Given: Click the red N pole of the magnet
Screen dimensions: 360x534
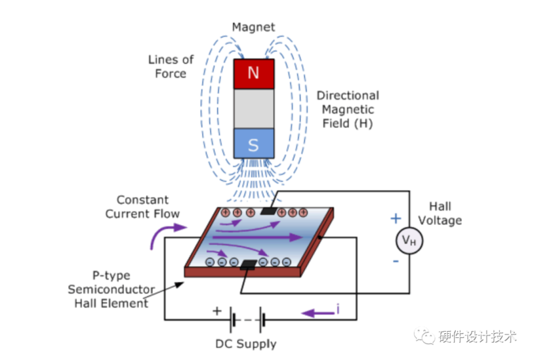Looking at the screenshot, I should pos(253,73).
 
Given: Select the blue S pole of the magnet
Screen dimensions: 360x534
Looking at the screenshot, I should pos(253,144).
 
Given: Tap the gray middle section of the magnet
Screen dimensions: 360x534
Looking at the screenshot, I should pos(253,108).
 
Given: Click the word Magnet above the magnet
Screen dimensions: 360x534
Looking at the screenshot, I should pos(253,27).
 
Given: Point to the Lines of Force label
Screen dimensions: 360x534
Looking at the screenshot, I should pos(171,66).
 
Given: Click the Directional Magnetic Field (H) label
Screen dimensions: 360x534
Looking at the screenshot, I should pos(347,110).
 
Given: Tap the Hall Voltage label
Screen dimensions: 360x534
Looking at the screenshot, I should pos(445,213).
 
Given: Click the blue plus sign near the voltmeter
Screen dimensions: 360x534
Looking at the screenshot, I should pos(396,218).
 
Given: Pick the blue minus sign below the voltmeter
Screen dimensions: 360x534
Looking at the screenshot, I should pos(396,261).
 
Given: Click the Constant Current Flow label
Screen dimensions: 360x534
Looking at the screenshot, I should pos(148,206).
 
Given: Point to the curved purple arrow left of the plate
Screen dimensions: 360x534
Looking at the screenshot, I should pos(165,233).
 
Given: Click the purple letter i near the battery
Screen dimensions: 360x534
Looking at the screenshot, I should pos(338,310).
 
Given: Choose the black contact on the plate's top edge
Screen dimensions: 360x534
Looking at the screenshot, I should pos(270,211).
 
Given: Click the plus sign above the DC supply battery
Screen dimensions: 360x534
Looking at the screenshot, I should pos(216,311).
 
